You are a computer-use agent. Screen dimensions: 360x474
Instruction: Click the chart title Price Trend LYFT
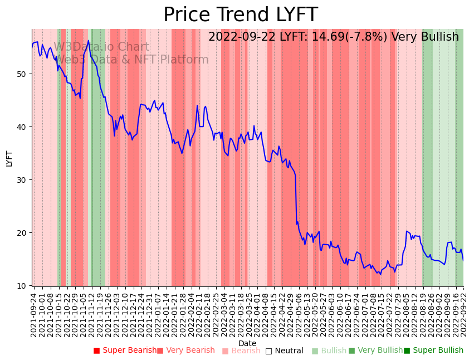(240, 14)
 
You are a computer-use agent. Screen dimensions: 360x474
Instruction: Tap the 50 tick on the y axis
(25, 74)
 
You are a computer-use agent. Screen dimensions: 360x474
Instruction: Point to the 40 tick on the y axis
(25, 127)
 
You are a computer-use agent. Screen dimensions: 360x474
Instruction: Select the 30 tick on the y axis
(25, 180)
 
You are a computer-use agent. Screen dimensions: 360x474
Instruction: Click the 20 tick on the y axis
(25, 233)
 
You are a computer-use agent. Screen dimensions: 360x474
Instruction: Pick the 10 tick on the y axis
(25, 286)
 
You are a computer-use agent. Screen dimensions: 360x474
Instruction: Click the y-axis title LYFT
(9, 158)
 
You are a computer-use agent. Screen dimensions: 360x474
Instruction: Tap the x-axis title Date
(247, 343)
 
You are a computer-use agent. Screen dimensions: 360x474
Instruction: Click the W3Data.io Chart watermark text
(101, 47)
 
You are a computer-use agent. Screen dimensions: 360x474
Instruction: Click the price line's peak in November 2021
(88, 40)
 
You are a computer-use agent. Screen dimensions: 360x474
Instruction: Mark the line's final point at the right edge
(463, 260)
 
